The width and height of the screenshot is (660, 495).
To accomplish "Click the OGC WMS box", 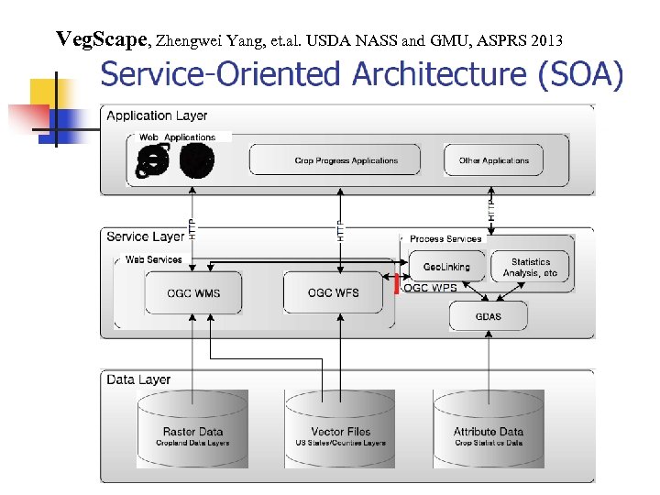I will (192, 293).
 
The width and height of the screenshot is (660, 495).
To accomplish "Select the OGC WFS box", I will (339, 293).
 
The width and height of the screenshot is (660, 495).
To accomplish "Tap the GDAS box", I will (488, 317).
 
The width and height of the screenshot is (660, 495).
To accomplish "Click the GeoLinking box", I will (446, 267).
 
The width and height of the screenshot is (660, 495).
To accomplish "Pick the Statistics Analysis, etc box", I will (530, 267).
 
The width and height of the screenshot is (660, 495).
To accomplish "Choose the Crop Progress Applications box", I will (346, 160).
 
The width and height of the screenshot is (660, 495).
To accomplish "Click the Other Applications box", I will (493, 160).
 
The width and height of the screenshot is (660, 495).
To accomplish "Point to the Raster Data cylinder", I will (192, 431).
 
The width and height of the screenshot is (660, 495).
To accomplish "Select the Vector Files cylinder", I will (340, 431).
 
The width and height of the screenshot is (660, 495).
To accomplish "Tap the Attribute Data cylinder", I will (489, 431).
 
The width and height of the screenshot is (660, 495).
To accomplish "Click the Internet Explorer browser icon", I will (153, 161).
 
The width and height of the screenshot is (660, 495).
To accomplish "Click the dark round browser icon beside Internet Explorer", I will (197, 161).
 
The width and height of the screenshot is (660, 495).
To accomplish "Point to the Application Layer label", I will (157, 116).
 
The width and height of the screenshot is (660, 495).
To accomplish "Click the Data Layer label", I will (138, 379).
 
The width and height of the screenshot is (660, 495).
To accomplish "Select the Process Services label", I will (445, 238).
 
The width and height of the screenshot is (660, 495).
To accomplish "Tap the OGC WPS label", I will (430, 288).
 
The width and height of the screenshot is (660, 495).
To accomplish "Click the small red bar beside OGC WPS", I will (396, 286).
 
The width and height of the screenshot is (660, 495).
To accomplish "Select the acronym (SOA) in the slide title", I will (580, 74).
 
